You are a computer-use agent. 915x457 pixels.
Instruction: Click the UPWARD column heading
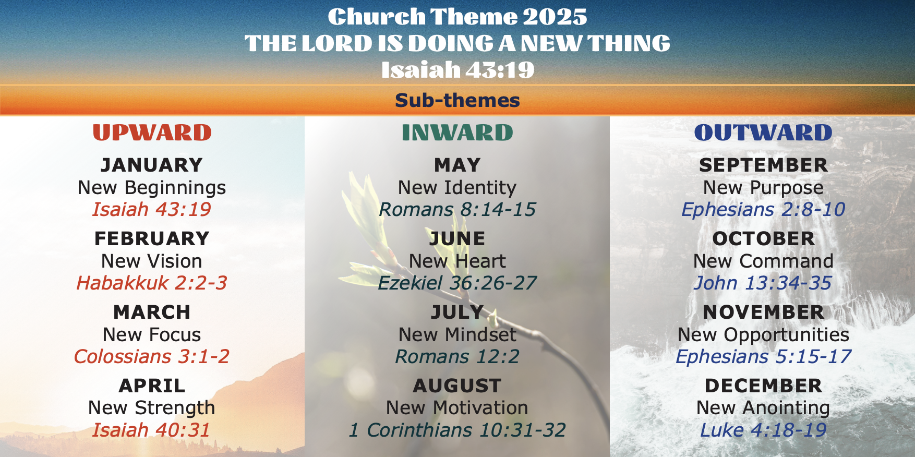tap(152, 133)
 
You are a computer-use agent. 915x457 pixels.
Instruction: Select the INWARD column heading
tap(457, 133)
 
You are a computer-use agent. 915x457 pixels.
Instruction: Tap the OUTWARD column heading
tap(763, 133)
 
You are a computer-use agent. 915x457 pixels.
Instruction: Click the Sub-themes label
tap(457, 100)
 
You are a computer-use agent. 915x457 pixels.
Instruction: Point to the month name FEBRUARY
tap(152, 238)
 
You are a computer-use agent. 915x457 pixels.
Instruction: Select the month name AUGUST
tap(457, 386)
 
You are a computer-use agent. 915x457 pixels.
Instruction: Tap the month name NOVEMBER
tap(764, 312)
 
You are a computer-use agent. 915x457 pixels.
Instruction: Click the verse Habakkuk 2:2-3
tap(152, 283)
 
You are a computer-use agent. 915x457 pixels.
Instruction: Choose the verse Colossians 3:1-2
tap(152, 356)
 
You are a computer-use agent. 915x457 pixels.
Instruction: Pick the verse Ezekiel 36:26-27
tap(457, 283)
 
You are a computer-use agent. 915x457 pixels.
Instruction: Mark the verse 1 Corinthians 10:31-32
tap(457, 430)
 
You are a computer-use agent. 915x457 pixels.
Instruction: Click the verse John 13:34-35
tap(763, 283)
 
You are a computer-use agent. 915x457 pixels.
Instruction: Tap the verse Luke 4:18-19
tap(763, 430)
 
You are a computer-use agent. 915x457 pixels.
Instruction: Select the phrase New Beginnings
tap(152, 188)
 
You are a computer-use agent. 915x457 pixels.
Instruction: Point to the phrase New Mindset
tap(457, 334)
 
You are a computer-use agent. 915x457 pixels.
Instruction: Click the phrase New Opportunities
tap(764, 335)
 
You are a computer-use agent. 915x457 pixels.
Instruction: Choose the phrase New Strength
tap(152, 408)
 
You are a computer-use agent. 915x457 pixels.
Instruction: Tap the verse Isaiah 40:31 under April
tap(151, 430)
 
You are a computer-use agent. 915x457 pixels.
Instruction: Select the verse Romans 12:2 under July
tap(457, 356)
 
